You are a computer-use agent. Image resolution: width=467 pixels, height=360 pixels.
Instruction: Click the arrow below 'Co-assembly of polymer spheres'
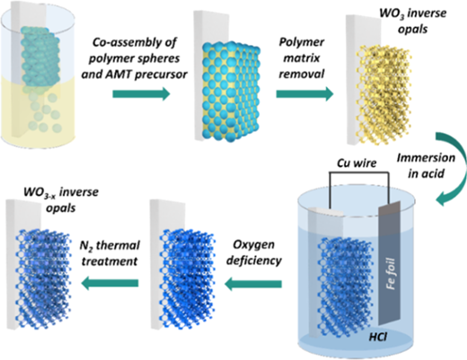[x=141, y=94]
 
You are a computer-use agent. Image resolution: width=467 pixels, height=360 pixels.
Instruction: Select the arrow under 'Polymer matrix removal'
[x=304, y=94]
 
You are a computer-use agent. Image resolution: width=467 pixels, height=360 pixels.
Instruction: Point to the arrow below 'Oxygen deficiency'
[x=253, y=283]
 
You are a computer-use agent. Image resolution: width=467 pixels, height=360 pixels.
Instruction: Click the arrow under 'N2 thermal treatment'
[x=110, y=283]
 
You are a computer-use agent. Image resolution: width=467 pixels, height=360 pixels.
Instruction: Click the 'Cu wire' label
[x=357, y=163]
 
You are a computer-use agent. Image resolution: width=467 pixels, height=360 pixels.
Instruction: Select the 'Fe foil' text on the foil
[x=391, y=274]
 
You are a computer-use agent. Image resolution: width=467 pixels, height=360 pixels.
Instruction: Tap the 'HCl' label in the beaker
[x=378, y=337]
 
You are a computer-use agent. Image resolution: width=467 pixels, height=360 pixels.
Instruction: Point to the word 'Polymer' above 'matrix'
[x=302, y=42]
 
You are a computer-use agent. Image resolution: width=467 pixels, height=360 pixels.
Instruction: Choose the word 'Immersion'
[x=426, y=158]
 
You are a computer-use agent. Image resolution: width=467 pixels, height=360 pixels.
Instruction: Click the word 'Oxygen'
[x=253, y=245]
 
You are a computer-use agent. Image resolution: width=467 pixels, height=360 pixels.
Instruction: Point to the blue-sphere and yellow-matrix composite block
[x=231, y=91]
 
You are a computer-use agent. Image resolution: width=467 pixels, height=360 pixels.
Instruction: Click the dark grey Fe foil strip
[x=389, y=263]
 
